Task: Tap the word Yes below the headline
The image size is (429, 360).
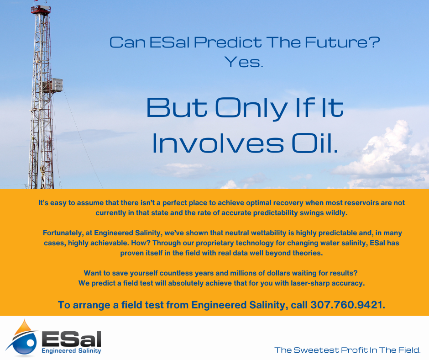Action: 244,62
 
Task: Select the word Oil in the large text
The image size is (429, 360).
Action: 314,143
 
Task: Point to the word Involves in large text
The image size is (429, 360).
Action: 218,143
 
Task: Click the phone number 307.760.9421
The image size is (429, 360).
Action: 347,305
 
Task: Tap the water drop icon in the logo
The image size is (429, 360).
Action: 24,338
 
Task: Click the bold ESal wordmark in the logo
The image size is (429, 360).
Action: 71,339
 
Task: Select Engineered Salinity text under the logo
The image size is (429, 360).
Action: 71,351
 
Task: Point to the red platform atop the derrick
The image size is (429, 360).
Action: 41,9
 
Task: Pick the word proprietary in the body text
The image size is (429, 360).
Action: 215,243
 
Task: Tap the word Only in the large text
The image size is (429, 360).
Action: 252,108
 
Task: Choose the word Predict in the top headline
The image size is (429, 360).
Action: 228,42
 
